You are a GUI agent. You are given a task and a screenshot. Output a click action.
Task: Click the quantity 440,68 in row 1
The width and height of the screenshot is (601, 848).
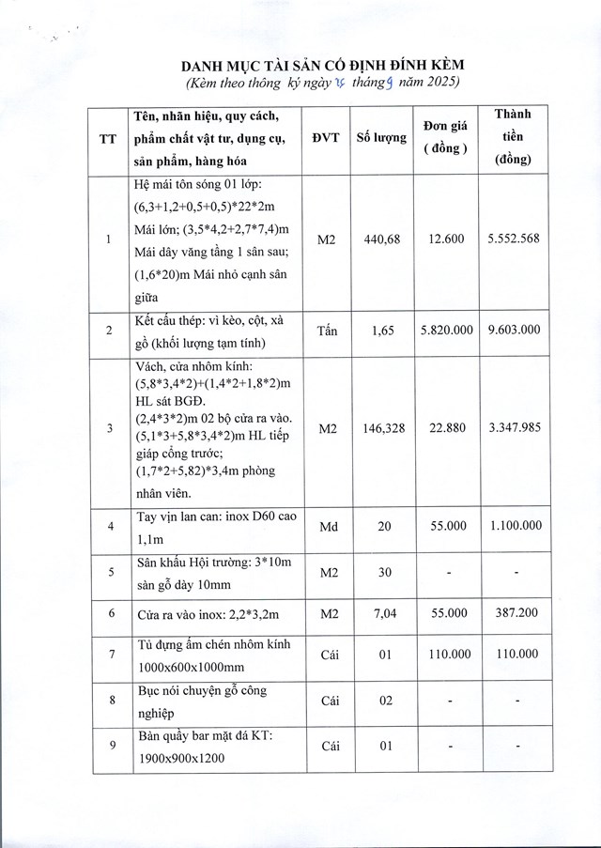point(382,239)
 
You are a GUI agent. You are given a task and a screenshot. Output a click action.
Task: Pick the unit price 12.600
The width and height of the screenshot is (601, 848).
point(445,239)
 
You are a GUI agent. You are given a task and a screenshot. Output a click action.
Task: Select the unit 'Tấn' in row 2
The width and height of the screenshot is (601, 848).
point(326,331)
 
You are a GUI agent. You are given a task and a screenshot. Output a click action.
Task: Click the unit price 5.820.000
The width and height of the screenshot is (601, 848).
point(445,331)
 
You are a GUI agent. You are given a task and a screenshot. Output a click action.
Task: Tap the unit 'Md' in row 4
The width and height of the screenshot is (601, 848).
point(326,528)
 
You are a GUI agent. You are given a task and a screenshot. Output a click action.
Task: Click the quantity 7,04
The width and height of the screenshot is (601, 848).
point(382,613)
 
